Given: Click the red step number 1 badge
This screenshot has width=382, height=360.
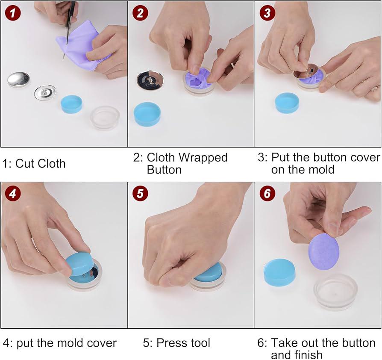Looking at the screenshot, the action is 13,13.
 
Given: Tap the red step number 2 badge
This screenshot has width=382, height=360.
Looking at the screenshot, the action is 140,13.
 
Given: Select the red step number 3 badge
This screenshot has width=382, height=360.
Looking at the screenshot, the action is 267,13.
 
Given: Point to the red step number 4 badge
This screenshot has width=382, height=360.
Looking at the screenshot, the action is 13,194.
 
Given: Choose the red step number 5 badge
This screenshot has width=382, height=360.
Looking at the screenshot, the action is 140,194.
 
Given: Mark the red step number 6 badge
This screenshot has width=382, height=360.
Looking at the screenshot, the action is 267,194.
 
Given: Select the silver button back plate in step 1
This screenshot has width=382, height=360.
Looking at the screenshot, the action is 45,92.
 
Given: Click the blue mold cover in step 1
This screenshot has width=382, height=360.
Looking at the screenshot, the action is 71,104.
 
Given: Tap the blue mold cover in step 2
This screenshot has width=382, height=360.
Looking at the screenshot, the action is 147,114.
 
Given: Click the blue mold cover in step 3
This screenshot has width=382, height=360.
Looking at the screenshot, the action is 287,103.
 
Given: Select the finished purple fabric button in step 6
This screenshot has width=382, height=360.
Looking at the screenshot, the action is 324,251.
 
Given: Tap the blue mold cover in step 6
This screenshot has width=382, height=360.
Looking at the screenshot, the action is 279,272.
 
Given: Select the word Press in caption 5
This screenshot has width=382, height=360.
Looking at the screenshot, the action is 170,343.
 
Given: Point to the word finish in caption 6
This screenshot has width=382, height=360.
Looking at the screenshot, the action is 309,354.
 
